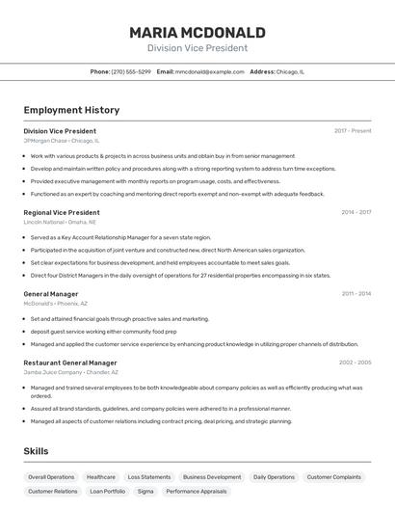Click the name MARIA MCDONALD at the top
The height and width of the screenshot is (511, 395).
pos(197,32)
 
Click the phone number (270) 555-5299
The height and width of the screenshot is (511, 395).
pos(131,71)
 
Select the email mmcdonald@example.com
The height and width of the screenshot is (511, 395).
pos(209,71)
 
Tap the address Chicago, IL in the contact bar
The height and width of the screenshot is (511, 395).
pos(290,71)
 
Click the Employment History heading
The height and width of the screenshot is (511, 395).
pos(71,110)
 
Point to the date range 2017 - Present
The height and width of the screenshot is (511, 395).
pos(353,130)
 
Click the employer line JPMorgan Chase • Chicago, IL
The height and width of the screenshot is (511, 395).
pos(61,141)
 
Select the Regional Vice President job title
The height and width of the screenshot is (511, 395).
pos(62,212)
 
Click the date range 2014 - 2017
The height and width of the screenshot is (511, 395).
pos(355,212)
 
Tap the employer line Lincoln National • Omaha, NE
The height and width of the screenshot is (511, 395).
pos(61,222)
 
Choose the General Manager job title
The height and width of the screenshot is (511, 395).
pos(51,293)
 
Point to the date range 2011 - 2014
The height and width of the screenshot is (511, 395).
pos(355,293)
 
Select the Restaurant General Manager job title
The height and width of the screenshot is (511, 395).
pos(70,363)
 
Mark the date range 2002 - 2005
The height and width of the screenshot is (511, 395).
pos(355,363)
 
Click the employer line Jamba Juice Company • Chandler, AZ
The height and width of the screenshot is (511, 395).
pos(71,372)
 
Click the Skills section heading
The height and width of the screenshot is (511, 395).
pos(37,450)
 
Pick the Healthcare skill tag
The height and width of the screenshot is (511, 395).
pos(101,477)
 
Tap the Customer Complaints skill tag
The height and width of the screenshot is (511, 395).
pos(334,477)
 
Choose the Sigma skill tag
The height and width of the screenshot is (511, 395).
pos(145,492)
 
